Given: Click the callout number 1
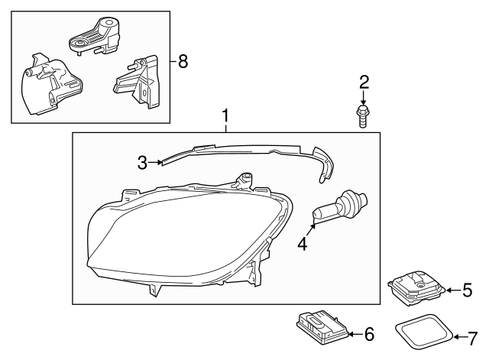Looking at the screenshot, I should tap(225, 116).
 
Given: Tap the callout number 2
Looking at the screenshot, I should tap(364, 82).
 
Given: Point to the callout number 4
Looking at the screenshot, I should tap(302, 245).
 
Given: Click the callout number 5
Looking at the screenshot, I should tap(468, 290).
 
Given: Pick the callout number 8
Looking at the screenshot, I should tap(182, 62).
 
